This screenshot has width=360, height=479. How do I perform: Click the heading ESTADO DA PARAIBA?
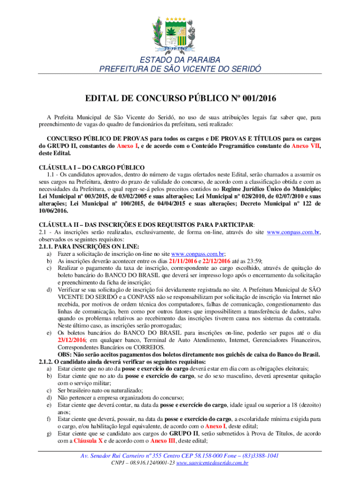pos(180,60)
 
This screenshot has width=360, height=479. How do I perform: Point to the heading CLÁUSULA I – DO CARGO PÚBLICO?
pos(93,167)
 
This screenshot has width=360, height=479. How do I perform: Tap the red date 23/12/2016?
pos(73,341)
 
